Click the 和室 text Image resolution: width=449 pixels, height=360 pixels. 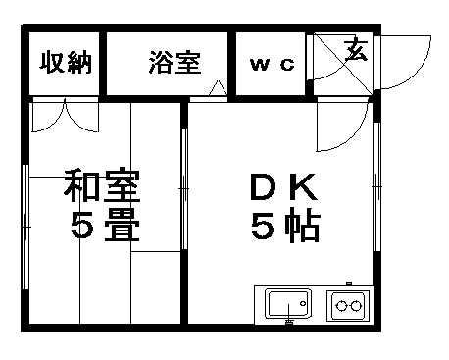(102, 185)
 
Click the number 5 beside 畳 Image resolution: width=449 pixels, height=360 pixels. (81, 228)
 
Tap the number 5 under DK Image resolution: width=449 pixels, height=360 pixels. (260, 228)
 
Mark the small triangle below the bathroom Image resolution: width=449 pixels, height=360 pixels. (219, 91)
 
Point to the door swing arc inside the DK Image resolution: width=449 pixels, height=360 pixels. (345, 122)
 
